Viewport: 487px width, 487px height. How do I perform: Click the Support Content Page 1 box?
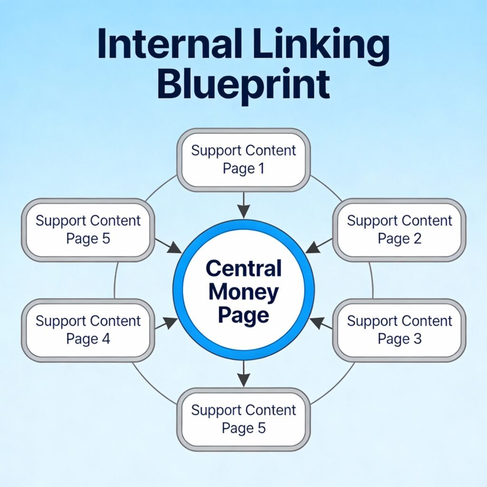243,160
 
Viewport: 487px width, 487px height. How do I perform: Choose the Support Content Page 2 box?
399,230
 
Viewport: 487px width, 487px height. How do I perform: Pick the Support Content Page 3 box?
399,330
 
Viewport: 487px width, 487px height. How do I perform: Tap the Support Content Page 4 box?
88,330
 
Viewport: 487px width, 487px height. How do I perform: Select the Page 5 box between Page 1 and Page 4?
88,230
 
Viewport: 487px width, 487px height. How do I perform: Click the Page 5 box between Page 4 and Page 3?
243,419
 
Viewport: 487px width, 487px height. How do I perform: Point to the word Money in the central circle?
243,292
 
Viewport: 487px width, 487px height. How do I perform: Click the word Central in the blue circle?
243,269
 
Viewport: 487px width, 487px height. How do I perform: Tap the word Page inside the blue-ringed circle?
243,314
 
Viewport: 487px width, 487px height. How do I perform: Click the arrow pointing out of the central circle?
243,373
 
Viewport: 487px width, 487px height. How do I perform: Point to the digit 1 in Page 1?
260,169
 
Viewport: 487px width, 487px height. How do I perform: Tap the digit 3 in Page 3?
416,339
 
